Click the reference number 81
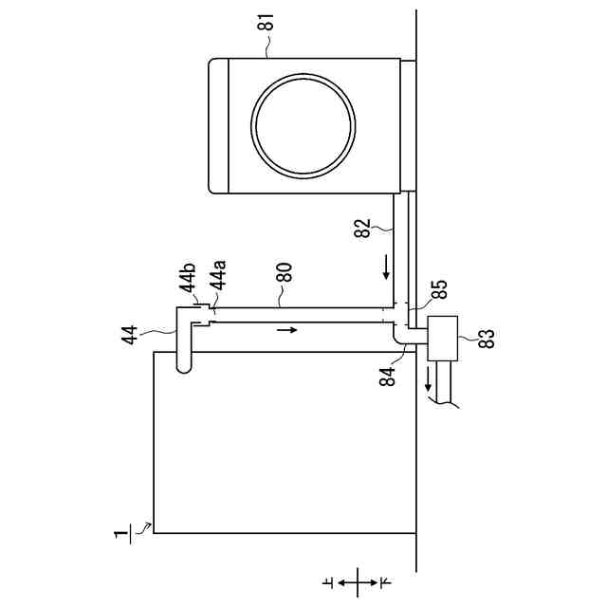click(266, 23)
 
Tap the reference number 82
click(362, 229)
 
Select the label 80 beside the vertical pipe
click(285, 272)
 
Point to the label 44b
click(188, 278)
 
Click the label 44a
click(218, 275)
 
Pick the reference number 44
click(129, 335)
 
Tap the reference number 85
click(439, 289)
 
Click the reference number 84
click(388, 377)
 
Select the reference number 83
click(487, 339)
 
